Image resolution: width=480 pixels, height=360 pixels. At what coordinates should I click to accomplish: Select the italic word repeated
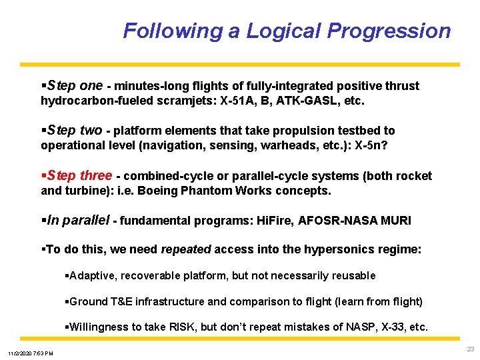[x=186, y=249]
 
